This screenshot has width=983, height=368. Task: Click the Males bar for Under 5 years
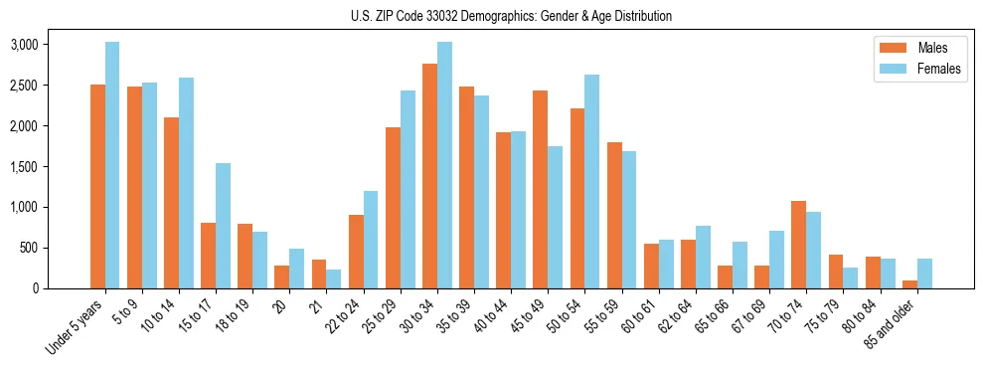(97, 186)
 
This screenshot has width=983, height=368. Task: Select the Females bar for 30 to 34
(444, 165)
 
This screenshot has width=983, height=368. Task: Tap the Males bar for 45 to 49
(540, 189)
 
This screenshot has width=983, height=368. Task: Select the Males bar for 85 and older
(909, 284)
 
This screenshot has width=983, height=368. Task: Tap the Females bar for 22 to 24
(371, 240)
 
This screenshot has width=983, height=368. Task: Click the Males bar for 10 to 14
(171, 203)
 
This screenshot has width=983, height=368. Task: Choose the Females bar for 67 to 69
(776, 260)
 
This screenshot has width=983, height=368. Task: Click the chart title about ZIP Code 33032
(511, 16)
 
